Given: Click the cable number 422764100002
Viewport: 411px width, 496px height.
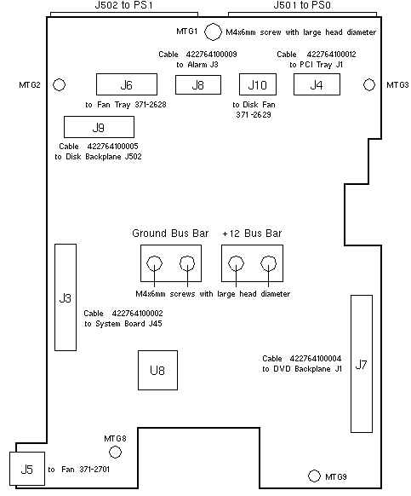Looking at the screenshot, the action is point(137,313).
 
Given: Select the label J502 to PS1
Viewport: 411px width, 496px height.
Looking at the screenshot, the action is point(124,5).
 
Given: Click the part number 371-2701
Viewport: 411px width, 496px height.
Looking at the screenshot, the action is point(94,469).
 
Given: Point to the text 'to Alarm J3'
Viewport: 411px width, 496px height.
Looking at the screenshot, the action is point(197,65).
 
